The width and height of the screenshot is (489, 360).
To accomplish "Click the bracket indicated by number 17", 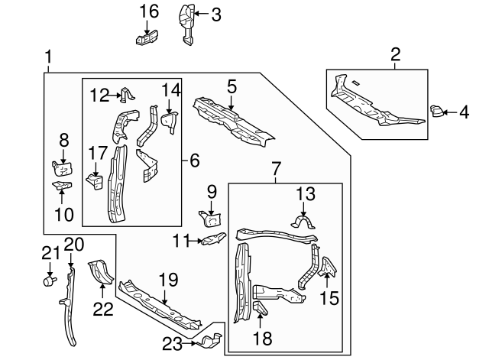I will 94,182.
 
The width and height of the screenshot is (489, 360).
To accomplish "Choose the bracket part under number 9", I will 209,218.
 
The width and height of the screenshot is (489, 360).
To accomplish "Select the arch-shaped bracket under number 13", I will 305,222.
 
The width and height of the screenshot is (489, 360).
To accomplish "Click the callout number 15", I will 329,297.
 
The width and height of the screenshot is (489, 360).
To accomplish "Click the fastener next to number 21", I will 50,281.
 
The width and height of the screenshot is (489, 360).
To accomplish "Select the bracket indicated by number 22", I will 100,271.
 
